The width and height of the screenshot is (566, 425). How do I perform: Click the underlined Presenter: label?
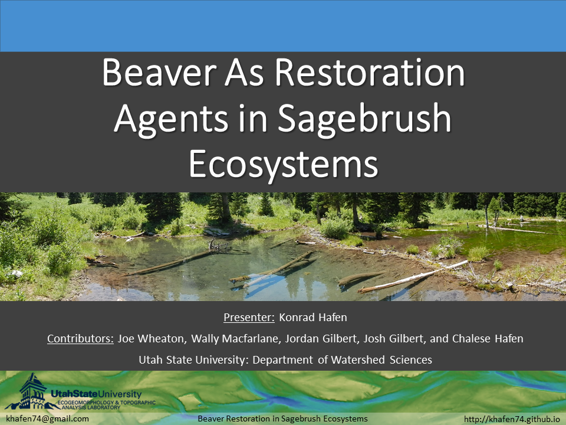249,318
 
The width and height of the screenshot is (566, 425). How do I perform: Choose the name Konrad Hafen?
313,318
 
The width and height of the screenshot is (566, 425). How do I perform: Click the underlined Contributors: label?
81,339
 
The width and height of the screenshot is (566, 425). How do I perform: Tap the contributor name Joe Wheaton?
152,339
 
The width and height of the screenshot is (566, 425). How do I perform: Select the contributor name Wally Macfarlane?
236,339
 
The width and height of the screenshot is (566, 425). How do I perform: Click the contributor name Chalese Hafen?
488,339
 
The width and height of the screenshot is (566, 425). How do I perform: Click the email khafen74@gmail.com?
48,419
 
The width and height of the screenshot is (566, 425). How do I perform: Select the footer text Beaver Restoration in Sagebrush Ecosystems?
282,419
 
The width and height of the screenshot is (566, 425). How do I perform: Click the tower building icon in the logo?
32,391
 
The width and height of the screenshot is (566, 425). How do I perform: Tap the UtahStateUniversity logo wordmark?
96,394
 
